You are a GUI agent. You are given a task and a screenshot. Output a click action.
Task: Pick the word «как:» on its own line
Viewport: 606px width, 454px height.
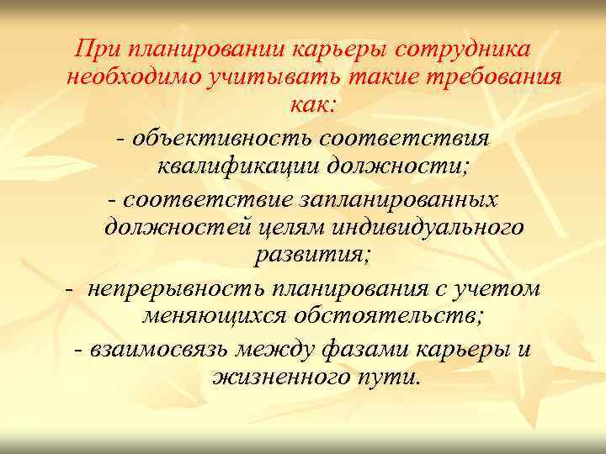coord(313,106)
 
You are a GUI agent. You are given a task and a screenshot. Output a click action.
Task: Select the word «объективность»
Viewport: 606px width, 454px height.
coord(214,135)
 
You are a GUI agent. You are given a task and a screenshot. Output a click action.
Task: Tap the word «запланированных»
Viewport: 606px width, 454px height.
coord(396,198)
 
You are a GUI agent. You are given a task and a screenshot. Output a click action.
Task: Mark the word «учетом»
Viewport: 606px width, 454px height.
coord(499,287)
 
